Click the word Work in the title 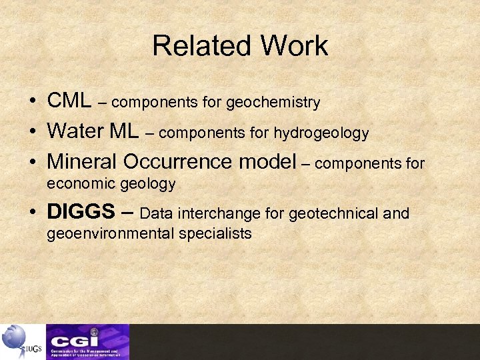point(294,46)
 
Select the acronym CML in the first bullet point(69,101)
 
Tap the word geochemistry point(273,103)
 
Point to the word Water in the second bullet point(75,131)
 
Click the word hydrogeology point(321,133)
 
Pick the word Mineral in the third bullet point(83,162)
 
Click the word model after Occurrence point(269,162)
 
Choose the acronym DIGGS point(81,212)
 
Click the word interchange point(246,213)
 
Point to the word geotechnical point(334,213)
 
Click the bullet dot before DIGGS point(33,213)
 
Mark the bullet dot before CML point(33,103)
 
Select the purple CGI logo point(87,341)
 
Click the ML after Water point(123,131)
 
